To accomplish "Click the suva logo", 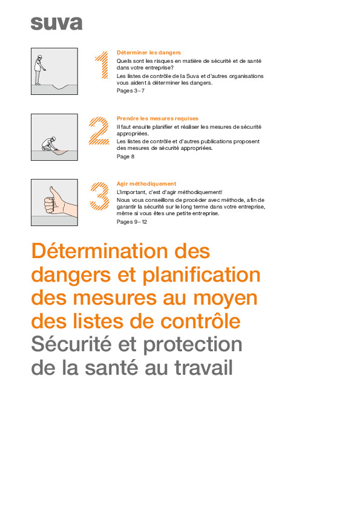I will click(x=56, y=24).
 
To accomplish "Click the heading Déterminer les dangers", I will click(x=148, y=53).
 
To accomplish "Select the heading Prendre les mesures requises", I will click(x=157, y=118).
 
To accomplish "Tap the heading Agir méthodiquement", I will click(x=146, y=184).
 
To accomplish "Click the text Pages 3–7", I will click(x=130, y=91).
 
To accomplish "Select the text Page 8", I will click(x=125, y=157).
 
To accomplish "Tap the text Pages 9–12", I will click(x=132, y=222).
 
